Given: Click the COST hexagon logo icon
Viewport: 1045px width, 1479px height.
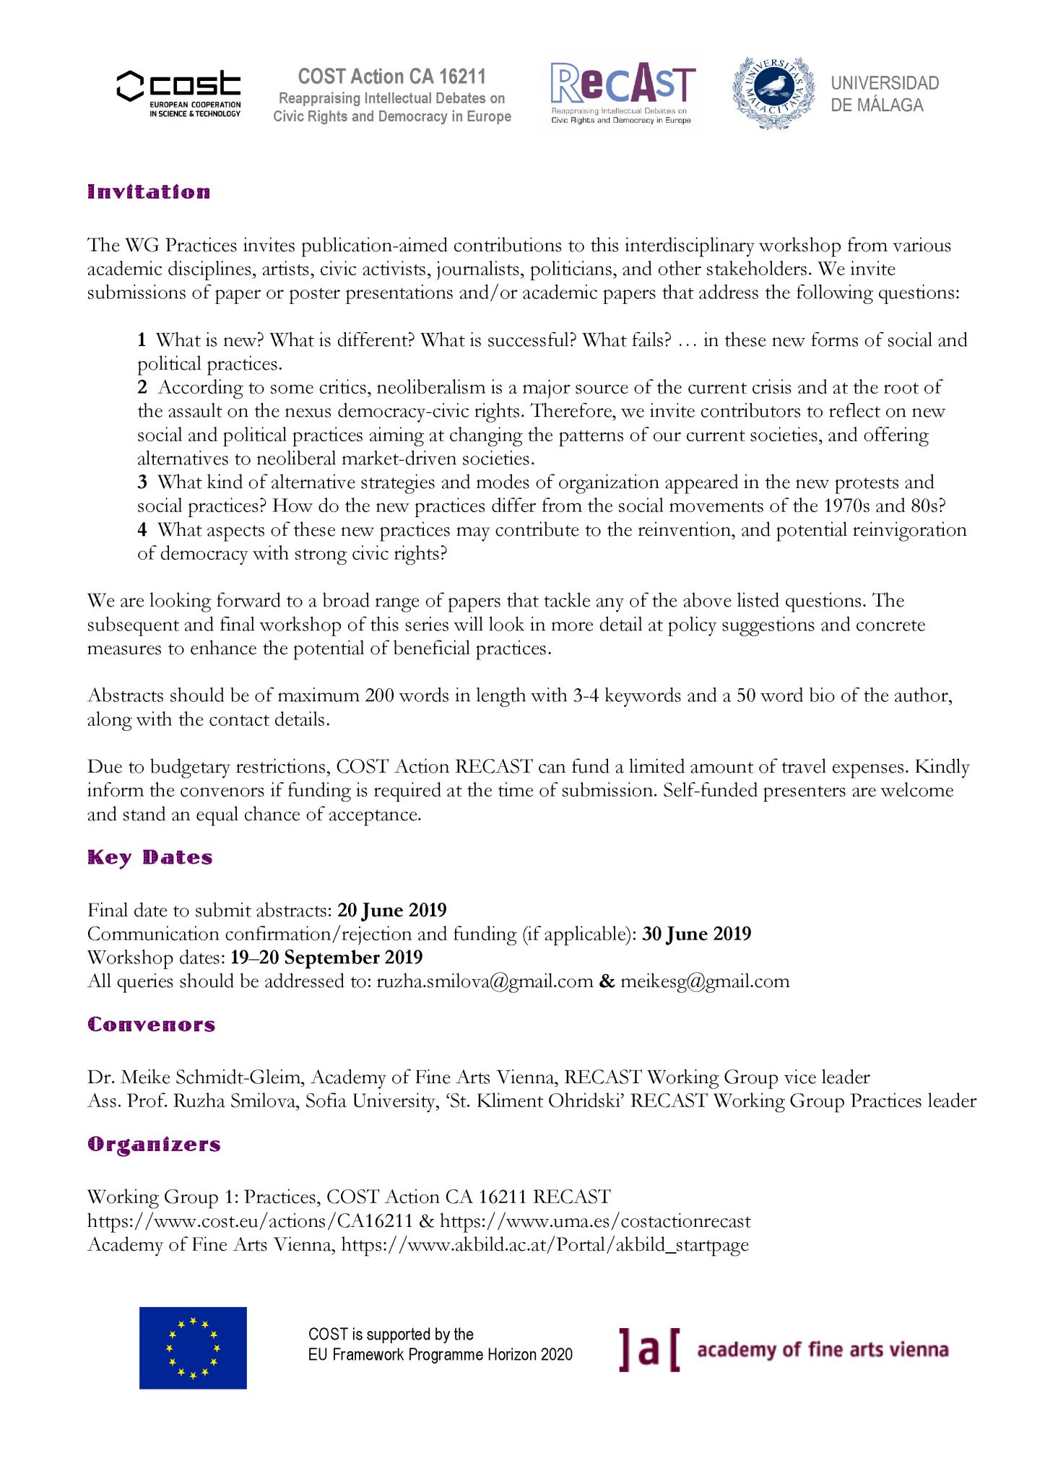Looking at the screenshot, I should click(x=131, y=86).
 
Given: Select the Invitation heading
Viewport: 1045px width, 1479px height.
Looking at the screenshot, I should click(x=149, y=192).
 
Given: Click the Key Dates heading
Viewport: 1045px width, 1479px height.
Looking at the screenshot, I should click(x=149, y=857).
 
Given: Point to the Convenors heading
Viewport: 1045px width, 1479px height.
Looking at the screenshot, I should click(x=151, y=1025).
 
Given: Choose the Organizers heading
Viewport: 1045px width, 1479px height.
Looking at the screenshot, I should click(x=154, y=1145).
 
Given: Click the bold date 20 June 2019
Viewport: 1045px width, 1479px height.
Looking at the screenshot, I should click(x=391, y=910).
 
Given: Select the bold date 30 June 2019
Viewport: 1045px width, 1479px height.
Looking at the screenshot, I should click(x=696, y=934).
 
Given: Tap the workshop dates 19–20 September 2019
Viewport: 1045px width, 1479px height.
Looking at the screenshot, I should click(x=326, y=958).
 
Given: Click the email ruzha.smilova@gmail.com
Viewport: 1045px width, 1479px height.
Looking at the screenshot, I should click(x=485, y=981).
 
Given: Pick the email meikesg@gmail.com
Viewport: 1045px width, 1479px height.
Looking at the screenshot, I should click(x=705, y=981).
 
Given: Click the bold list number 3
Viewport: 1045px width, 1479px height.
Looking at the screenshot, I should click(x=142, y=482).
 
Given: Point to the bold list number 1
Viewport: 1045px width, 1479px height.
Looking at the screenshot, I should click(x=142, y=340).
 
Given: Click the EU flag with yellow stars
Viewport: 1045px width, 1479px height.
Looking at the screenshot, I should click(x=193, y=1348).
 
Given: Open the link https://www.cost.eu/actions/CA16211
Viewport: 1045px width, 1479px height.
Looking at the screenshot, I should click(x=250, y=1221).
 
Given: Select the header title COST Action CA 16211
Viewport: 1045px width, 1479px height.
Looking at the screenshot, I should click(x=391, y=77).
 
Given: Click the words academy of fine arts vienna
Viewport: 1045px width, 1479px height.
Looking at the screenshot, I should click(x=822, y=1350).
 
